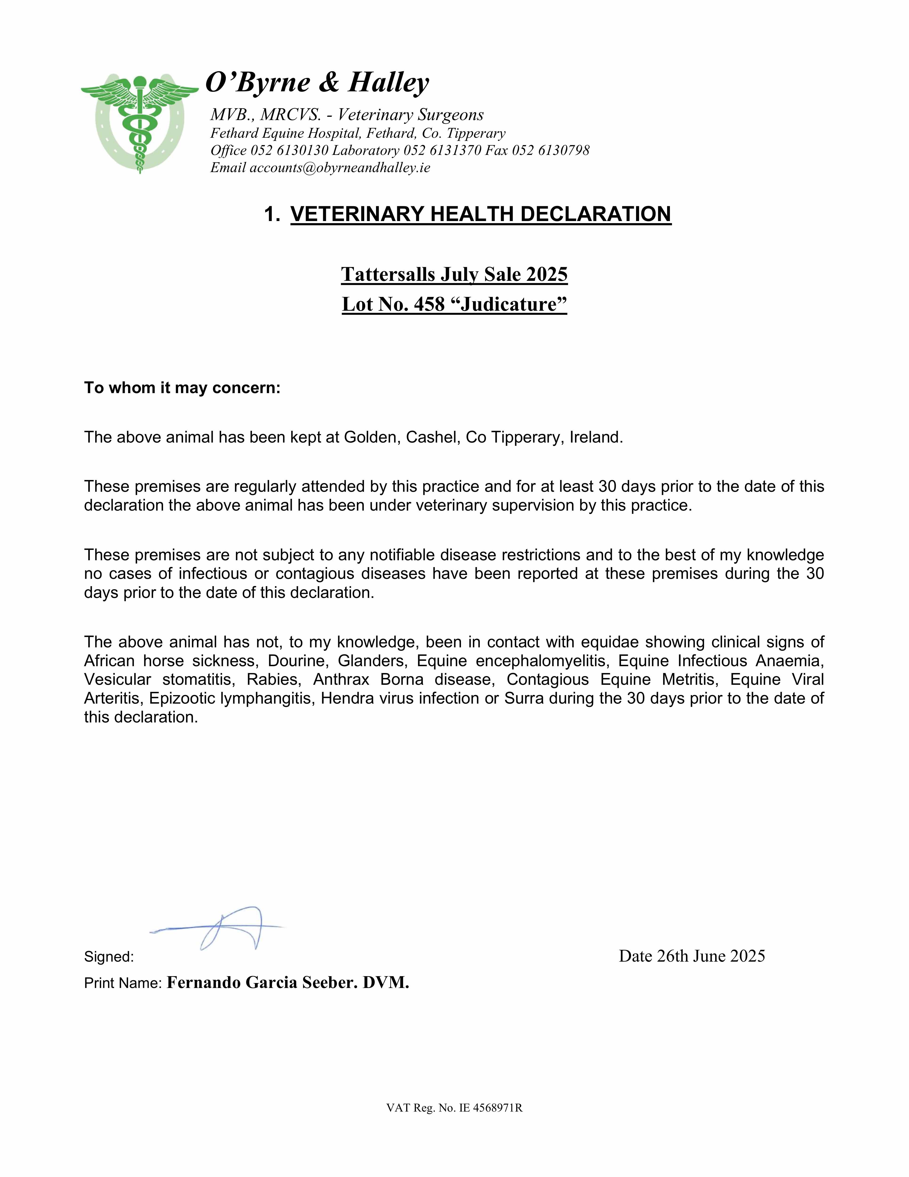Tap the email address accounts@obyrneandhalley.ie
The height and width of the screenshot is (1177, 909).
point(340,168)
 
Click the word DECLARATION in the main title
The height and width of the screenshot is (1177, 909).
point(595,214)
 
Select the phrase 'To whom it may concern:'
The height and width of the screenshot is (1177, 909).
point(182,388)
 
